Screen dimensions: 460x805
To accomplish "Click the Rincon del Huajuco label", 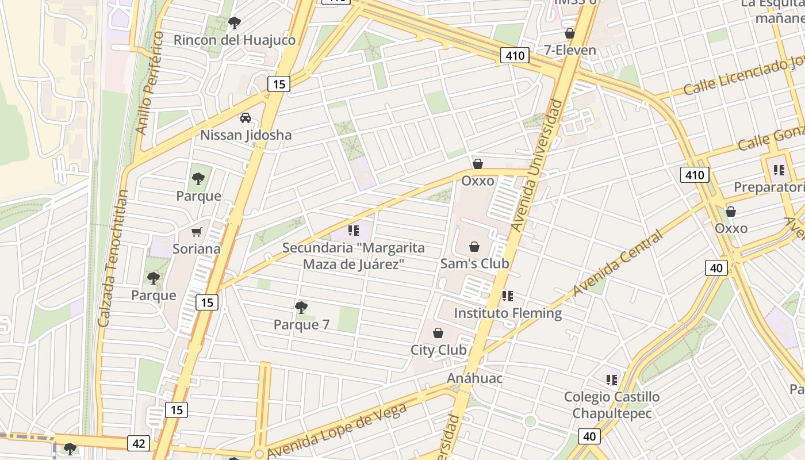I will (234, 40).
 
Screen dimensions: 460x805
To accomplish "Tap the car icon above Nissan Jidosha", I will (246, 118).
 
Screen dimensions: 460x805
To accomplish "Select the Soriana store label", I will (197, 249).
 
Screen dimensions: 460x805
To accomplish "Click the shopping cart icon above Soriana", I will (197, 232).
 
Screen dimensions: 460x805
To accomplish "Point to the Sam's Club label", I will (474, 263).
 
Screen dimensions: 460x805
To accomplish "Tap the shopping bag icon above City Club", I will (438, 333).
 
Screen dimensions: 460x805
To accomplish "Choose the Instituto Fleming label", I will (508, 313).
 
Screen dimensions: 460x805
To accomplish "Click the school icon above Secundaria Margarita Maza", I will (353, 231).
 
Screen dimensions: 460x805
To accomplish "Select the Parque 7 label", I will (301, 325).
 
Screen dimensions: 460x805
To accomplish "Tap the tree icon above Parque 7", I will (301, 308).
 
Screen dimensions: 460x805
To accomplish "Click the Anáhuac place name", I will (475, 378).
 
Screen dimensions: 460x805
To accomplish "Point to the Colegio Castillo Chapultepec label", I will (612, 405).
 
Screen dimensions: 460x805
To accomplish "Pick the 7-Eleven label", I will (570, 50).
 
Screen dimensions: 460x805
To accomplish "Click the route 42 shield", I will (139, 443).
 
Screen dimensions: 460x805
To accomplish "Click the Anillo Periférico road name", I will (150, 83).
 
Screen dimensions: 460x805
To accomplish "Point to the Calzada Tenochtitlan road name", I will (113, 259).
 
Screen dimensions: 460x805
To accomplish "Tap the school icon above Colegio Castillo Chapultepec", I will (611, 379).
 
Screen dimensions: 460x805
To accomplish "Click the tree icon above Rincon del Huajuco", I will (234, 23).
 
